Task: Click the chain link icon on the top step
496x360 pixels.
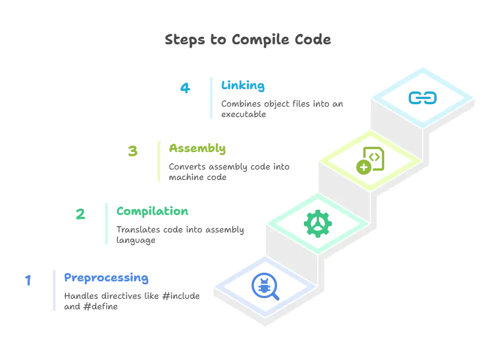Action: click(x=422, y=97)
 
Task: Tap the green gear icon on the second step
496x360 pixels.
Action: click(x=317, y=223)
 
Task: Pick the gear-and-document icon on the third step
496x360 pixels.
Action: click(x=370, y=161)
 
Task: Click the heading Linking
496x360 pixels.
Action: click(x=243, y=86)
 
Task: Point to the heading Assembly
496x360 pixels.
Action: click(x=197, y=149)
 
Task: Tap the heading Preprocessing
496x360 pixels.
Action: click(x=106, y=278)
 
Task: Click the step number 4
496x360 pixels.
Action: click(x=185, y=90)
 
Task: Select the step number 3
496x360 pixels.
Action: click(x=133, y=152)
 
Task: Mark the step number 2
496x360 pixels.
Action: click(x=80, y=215)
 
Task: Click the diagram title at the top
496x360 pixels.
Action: click(x=249, y=41)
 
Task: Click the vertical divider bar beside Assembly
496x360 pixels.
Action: click(x=158, y=160)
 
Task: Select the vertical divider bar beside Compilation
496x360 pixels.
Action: click(x=107, y=223)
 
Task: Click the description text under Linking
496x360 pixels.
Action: click(x=282, y=109)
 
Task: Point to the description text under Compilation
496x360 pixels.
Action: click(x=182, y=234)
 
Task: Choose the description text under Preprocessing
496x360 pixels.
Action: click(x=132, y=301)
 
